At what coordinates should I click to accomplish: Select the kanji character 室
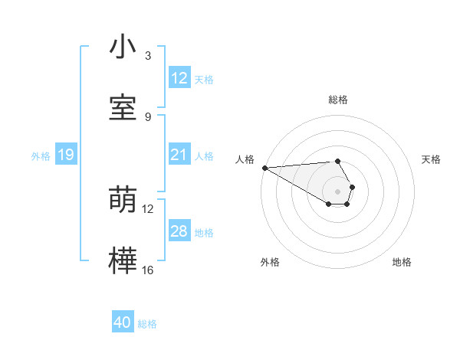(123, 108)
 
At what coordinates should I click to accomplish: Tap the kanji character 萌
(123, 200)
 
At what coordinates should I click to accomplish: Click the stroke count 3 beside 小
(148, 56)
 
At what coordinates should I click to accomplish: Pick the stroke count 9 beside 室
(148, 116)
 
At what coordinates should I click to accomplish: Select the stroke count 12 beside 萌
(148, 208)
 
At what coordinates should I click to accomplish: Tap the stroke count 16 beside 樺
(148, 270)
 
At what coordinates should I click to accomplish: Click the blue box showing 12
(179, 78)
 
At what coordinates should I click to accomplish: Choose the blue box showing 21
(179, 155)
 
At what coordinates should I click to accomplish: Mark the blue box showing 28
(179, 231)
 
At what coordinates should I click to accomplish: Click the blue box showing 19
(66, 155)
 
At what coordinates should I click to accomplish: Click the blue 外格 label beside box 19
(41, 156)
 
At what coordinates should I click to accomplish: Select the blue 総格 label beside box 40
(147, 324)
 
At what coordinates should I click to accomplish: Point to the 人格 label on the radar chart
(245, 159)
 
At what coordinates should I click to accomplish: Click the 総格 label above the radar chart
(338, 100)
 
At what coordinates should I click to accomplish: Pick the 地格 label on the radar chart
(402, 262)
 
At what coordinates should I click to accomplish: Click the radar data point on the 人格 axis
(264, 168)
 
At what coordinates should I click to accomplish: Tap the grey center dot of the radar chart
(337, 191)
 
